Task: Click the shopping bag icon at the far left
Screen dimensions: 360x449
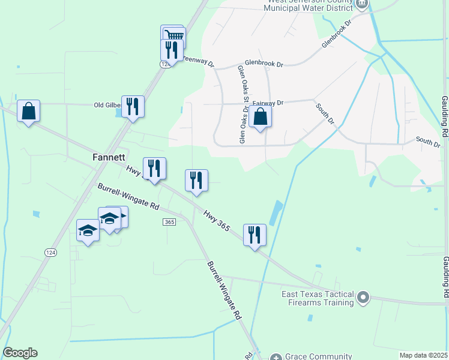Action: pos(28,110)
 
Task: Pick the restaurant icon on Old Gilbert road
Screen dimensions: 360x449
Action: pos(133,106)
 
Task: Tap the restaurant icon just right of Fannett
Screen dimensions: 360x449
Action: pos(154,168)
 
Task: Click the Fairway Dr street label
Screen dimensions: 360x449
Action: pos(268,103)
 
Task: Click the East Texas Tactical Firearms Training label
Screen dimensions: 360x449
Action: pos(318,298)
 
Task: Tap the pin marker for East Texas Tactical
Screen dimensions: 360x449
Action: pos(363,298)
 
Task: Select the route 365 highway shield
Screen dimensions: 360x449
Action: pos(169,222)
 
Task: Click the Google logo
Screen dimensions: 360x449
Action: pos(20,353)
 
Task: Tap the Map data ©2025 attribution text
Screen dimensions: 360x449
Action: pos(423,355)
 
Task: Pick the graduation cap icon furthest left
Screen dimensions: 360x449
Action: pos(88,230)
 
